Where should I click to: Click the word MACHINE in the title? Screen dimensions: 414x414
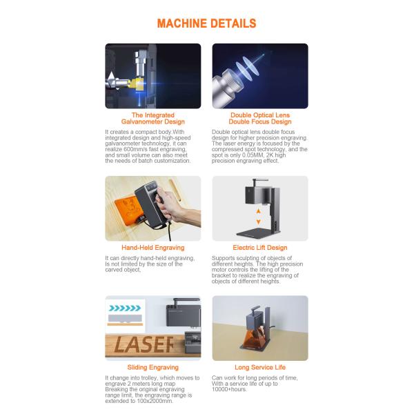tap(181, 23)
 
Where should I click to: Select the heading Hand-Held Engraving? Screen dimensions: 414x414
tap(153, 248)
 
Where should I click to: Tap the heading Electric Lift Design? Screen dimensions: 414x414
tap(260, 248)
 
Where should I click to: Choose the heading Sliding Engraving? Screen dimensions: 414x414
tap(153, 367)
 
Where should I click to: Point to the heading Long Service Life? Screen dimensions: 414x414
tap(260, 367)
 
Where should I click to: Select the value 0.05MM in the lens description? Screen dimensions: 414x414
tap(252, 155)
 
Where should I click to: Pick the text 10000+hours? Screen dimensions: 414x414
tap(229, 389)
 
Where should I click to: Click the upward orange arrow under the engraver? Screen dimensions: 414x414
tap(259, 211)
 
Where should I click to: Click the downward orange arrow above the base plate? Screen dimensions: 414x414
tap(259, 222)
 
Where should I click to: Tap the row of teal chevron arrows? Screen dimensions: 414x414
tap(125, 308)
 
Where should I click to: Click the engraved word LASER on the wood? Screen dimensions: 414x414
tap(144, 344)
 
